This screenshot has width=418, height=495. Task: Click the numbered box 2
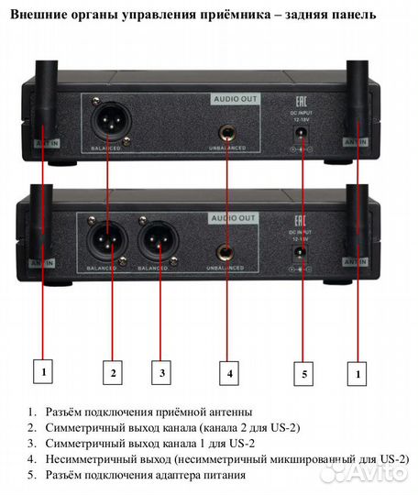tap(113, 373)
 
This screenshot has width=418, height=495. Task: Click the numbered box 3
tap(161, 373)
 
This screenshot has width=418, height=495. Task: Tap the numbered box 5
tap(303, 373)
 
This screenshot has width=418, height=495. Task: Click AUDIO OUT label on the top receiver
tap(234, 97)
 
